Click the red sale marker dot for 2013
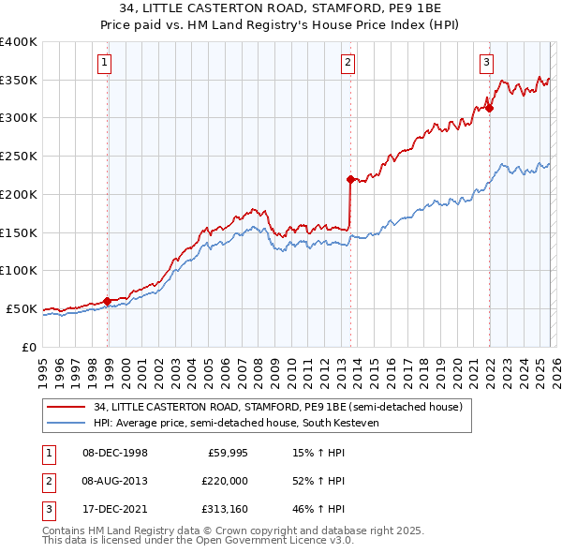[350, 179]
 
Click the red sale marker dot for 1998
[108, 301]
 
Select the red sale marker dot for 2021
[489, 108]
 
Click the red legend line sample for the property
[67, 408]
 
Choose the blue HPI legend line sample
[67, 424]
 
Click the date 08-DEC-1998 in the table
[115, 453]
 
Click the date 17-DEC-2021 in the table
[115, 509]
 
